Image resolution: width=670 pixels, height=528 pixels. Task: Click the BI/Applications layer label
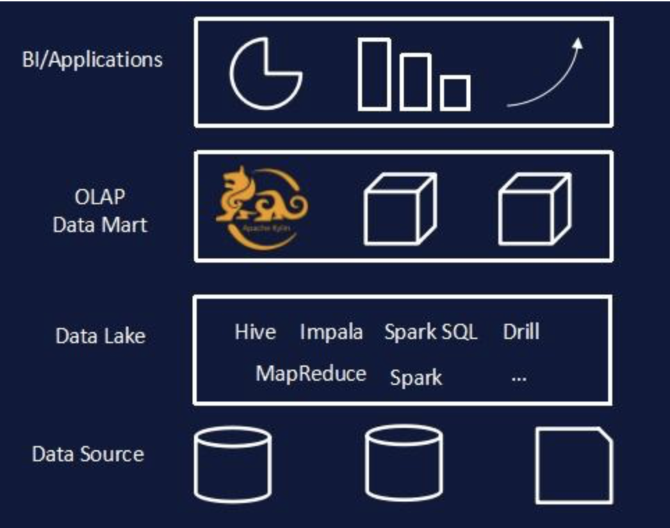pyautogui.click(x=92, y=59)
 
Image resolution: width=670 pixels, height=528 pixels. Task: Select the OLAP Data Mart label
pyautogui.click(x=100, y=211)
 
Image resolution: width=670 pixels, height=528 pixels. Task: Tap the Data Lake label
pyautogui.click(x=100, y=336)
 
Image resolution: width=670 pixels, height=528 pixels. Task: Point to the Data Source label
pyautogui.click(x=88, y=454)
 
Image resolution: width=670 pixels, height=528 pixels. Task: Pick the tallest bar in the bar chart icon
pyautogui.click(x=374, y=74)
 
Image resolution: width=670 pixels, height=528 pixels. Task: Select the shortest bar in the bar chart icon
pyautogui.click(x=455, y=92)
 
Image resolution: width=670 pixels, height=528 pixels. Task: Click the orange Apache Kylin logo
pyautogui.click(x=260, y=206)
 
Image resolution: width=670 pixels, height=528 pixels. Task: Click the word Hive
pyautogui.click(x=255, y=332)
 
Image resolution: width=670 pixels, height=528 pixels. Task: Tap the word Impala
pyautogui.click(x=331, y=332)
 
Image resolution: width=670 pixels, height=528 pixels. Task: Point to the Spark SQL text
pyautogui.click(x=431, y=332)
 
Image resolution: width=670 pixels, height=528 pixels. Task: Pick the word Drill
pyautogui.click(x=521, y=331)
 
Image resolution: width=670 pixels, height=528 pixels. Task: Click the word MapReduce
pyautogui.click(x=311, y=374)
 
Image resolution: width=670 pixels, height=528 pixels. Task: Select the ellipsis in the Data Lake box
pyautogui.click(x=518, y=379)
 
